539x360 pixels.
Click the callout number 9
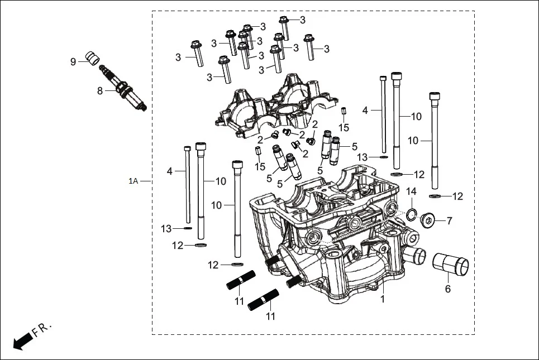(73, 61)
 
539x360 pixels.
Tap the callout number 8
(100, 90)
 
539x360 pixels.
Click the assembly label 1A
(133, 181)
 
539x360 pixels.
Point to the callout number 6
(447, 289)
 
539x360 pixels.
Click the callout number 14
(411, 191)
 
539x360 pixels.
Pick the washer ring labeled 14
(412, 213)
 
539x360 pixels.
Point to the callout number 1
(383, 300)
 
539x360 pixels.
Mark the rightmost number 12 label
(457, 196)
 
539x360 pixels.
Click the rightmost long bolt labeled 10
(435, 142)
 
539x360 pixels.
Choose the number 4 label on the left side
(170, 171)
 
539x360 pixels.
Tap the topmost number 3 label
(302, 20)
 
